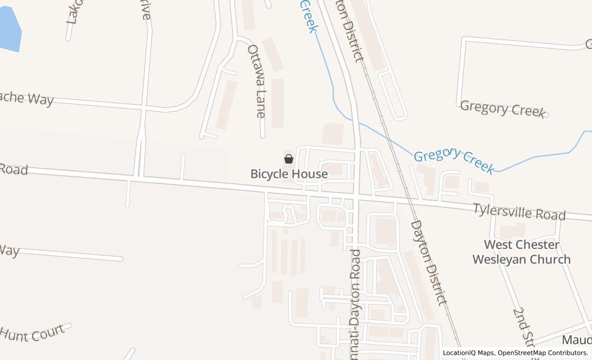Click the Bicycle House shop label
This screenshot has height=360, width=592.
click(x=289, y=174)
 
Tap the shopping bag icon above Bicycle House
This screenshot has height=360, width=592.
click(x=289, y=159)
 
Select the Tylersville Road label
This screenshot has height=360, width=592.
click(x=519, y=211)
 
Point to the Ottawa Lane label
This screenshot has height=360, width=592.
click(x=256, y=81)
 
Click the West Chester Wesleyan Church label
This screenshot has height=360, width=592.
click(x=521, y=252)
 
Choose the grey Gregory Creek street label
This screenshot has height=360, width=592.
click(x=502, y=109)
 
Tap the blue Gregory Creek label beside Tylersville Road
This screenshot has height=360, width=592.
click(x=454, y=160)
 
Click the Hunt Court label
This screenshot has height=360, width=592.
click(x=32, y=333)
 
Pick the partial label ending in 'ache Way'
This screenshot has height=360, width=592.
click(x=26, y=97)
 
